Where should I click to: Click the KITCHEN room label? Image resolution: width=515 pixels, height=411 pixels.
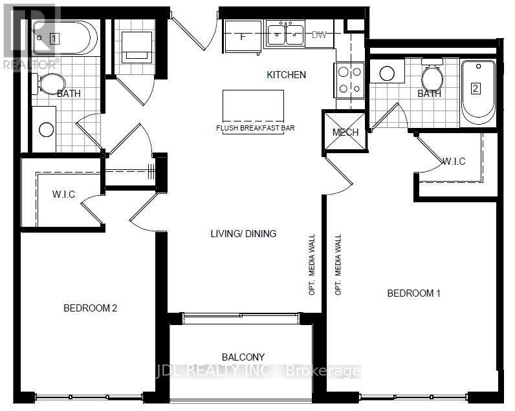(x=286, y=75)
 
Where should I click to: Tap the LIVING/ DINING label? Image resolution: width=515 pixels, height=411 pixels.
(x=243, y=233)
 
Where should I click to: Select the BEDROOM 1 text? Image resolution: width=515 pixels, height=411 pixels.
(x=413, y=293)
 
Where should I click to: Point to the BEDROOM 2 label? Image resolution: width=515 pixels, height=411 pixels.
(x=91, y=308)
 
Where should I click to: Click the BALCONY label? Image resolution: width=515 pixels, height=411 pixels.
(x=243, y=357)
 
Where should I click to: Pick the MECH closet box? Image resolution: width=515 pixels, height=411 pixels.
(x=345, y=132)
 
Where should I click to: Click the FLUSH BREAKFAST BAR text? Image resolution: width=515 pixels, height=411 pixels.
(x=255, y=128)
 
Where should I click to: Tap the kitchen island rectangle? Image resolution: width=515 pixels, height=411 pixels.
(x=253, y=105)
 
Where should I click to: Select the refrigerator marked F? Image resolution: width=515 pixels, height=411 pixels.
(x=243, y=36)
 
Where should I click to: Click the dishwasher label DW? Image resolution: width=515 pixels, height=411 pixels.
(x=319, y=34)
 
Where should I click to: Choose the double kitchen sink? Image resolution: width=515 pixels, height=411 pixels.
(x=285, y=33)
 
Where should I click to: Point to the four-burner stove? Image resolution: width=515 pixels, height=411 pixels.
(x=349, y=80)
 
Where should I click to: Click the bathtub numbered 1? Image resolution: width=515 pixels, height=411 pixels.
(x=65, y=38)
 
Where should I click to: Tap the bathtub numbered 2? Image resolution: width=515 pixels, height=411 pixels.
(x=478, y=92)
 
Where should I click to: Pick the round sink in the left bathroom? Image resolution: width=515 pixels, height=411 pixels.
(x=47, y=129)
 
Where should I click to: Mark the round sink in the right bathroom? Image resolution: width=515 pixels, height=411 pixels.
(x=387, y=74)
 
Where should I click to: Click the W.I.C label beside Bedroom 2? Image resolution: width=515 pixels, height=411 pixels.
(x=63, y=194)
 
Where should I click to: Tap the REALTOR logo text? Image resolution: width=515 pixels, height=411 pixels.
(x=31, y=64)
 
